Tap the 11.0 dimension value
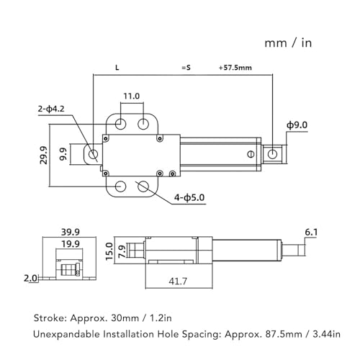click(x=131, y=95)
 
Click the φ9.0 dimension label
click(x=297, y=125)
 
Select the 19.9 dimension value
click(x=69, y=244)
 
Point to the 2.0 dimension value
click(x=30, y=277)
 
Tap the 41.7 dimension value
click(x=176, y=281)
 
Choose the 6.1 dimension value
click(x=312, y=232)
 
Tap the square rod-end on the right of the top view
click(x=273, y=153)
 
